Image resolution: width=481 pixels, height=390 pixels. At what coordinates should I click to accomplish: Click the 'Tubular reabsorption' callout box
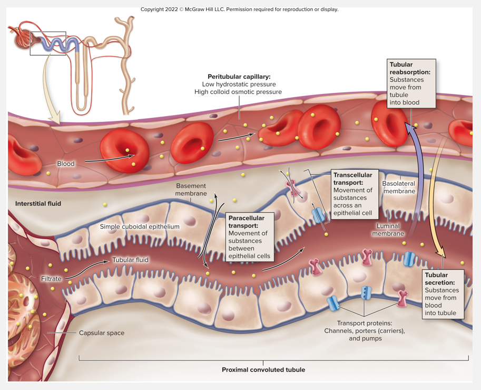point(411,83)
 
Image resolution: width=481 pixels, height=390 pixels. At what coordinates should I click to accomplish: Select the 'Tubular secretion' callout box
point(444,294)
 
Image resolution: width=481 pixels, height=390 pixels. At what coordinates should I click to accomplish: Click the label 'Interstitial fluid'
point(38,203)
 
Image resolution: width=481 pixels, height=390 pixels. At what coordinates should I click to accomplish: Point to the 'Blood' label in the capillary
point(66,164)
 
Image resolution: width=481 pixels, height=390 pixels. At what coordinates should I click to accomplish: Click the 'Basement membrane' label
point(191,189)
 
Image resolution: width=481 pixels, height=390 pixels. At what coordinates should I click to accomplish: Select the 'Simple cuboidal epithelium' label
point(140,226)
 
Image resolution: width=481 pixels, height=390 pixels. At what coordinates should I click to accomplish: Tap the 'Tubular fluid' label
point(130,260)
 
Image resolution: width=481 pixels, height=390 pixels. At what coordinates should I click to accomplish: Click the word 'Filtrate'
point(51,278)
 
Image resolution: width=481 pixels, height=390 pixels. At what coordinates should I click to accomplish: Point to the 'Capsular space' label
point(101,333)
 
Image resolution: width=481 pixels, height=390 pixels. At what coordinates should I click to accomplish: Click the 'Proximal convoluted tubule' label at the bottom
point(263,369)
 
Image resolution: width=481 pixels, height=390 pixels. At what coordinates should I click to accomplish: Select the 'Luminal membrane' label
point(388,230)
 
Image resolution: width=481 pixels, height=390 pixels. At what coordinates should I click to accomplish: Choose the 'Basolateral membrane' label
point(399,187)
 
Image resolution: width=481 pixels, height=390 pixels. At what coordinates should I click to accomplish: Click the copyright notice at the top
point(240,9)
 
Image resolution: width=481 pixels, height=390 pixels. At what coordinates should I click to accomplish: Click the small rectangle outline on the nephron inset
point(48,43)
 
